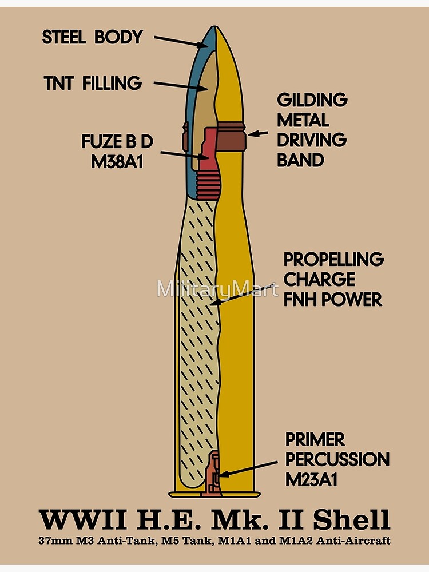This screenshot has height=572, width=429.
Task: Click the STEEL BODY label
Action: [x=92, y=37]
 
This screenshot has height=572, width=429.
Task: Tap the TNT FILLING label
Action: [x=92, y=84]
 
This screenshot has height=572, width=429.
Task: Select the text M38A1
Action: [x=116, y=162]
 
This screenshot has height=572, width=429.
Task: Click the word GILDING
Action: [x=312, y=100]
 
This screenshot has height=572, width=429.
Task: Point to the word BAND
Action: [x=300, y=160]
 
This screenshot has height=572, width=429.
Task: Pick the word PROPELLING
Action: [x=333, y=259]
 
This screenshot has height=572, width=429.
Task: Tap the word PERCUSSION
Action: [x=337, y=459]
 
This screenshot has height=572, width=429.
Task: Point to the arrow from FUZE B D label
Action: [x=184, y=155]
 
